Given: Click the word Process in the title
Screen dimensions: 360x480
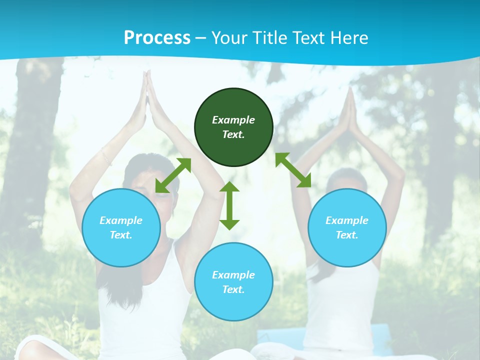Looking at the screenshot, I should (x=157, y=38).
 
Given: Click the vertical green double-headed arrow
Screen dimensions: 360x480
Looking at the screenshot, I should (x=229, y=205).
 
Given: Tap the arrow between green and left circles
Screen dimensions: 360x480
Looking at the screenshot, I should (x=173, y=175).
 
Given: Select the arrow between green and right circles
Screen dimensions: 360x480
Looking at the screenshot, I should (x=293, y=170).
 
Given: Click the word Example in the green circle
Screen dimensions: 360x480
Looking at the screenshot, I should (x=233, y=120).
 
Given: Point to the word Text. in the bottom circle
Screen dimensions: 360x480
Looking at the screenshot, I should (x=233, y=289).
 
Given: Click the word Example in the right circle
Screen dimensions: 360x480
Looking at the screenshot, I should (x=347, y=220).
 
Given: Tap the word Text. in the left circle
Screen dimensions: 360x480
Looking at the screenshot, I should (x=121, y=235).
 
